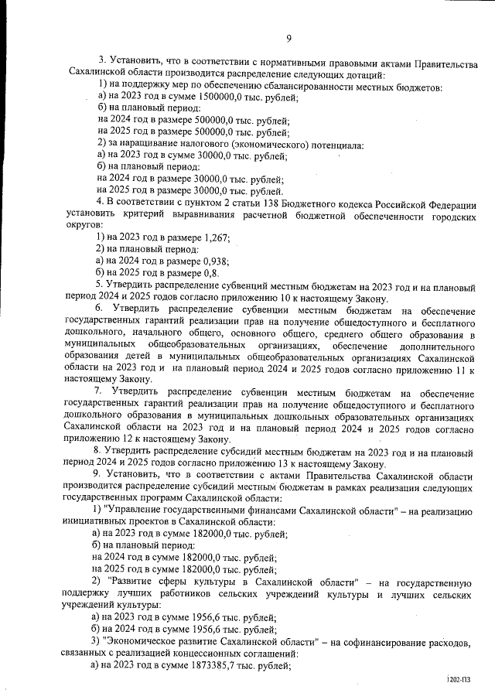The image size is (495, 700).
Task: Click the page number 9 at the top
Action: point(288,39)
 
